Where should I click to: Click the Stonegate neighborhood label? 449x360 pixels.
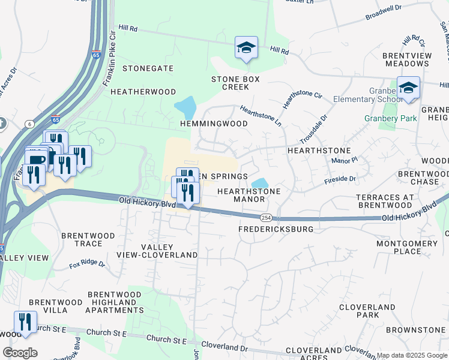point(148,68)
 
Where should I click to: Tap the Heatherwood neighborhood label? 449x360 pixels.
point(143,92)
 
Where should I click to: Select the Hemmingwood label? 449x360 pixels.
point(214,124)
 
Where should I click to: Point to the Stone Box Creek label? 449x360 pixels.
point(230,83)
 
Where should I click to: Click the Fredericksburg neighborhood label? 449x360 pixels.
point(276,229)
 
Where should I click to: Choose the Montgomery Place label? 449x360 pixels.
point(407,247)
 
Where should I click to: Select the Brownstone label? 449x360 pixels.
point(415,330)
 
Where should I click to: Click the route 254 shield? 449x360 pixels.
point(265,217)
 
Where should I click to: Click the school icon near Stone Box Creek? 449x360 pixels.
point(246,48)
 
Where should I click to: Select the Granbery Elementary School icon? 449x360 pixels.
point(408,88)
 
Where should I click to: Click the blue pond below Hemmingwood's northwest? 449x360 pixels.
point(186,107)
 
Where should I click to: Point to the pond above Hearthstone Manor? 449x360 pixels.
point(259,182)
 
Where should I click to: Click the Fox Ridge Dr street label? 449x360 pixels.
point(87,263)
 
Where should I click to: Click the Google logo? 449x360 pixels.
point(20,353)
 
